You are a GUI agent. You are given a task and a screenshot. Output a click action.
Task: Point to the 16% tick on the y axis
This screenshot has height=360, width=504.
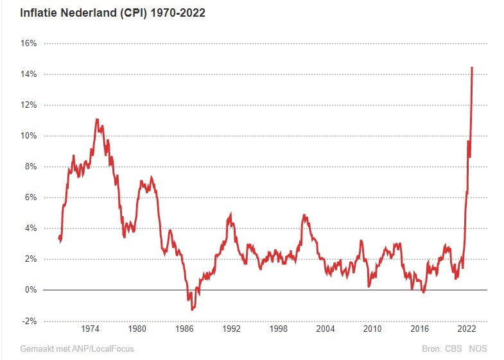pos(30,44)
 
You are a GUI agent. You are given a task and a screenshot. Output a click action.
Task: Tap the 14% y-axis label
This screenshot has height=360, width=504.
pos(30,74)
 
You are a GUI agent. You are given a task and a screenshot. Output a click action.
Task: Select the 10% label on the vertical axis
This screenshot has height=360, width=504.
pos(30,136)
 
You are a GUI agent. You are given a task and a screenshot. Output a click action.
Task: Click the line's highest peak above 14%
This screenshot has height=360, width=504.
pos(472,67)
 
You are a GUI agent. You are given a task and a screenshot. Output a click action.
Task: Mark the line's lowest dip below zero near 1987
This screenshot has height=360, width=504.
pos(192,309)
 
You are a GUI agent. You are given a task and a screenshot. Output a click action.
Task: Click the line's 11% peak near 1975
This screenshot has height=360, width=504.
pos(97,119)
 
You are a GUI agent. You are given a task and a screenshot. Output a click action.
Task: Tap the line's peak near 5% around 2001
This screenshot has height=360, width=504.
pos(304,216)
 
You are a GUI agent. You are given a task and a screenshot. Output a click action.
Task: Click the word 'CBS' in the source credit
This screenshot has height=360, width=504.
pos(453,349)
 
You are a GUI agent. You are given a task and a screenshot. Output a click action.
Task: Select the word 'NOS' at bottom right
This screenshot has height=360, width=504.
pos(478,349)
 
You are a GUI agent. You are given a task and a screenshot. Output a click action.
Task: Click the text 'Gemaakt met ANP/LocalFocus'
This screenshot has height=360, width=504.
pos(77,349)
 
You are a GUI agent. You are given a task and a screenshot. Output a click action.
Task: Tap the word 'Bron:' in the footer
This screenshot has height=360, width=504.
pos(431,349)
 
